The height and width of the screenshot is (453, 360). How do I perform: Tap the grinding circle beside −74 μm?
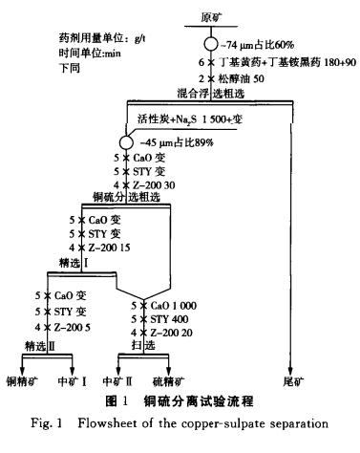coord(210,45)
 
